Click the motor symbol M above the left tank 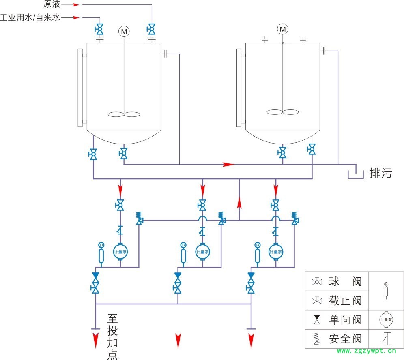(x=123, y=30)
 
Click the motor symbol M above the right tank (x=283, y=29)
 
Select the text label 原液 (x=52, y=5)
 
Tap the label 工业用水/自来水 (x=30, y=18)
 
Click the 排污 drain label (x=380, y=173)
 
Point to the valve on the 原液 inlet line (x=151, y=29)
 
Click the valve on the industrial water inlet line (x=99, y=29)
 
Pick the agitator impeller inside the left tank (x=124, y=114)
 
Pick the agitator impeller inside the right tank (x=283, y=111)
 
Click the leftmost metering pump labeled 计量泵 (x=120, y=252)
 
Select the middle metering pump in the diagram (x=202, y=252)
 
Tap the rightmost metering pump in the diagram (x=275, y=252)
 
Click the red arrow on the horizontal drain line (x=229, y=164)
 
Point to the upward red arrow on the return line (x=239, y=203)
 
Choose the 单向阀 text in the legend (x=345, y=320)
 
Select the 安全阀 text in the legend (x=345, y=339)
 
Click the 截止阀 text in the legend (x=345, y=301)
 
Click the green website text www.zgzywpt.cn (x=366, y=351)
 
